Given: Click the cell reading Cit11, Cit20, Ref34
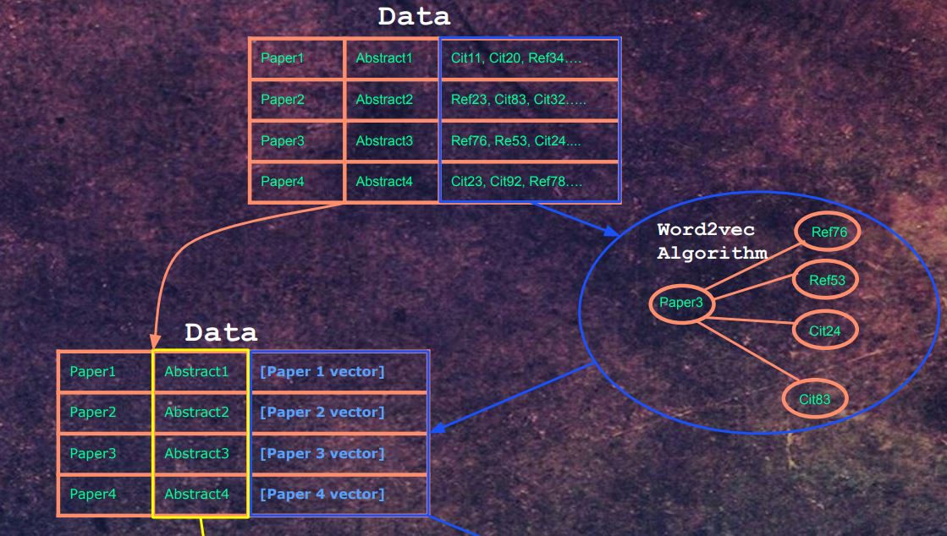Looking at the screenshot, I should click(x=529, y=58).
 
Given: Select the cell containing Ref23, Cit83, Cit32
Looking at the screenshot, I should click(x=529, y=100).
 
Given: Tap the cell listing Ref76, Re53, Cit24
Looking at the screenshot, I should click(x=529, y=141).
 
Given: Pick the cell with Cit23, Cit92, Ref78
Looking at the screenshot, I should click(x=529, y=182).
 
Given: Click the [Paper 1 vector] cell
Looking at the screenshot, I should click(x=339, y=371).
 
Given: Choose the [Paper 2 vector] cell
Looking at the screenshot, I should click(x=339, y=413).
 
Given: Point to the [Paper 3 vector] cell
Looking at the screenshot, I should click(x=339, y=454).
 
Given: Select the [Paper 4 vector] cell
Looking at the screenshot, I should click(x=339, y=495).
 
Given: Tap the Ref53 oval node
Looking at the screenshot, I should click(x=827, y=281).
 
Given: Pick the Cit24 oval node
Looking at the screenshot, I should click(x=825, y=331).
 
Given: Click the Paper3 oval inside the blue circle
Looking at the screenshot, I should click(x=681, y=304).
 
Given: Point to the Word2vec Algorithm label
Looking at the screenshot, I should click(x=712, y=242).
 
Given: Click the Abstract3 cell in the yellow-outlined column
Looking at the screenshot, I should click(x=197, y=454).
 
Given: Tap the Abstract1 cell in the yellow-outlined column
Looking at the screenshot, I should click(x=197, y=371).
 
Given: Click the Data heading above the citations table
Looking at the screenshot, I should click(x=414, y=17).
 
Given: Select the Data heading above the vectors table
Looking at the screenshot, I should click(x=221, y=333).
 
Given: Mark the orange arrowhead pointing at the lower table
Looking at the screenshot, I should click(x=156, y=342).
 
